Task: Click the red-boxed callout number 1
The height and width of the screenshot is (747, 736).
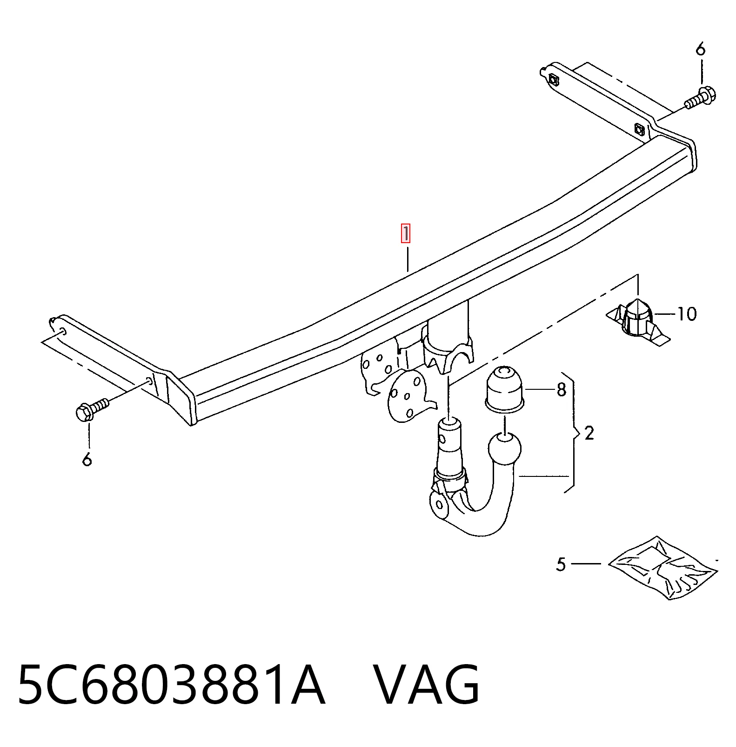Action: click(406, 234)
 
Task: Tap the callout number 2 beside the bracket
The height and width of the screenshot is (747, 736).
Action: click(589, 434)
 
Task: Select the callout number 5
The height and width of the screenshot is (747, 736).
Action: click(561, 564)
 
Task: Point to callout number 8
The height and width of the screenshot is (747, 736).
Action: click(562, 389)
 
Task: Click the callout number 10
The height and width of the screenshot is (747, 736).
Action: click(687, 314)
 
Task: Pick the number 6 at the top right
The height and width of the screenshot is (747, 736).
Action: click(701, 49)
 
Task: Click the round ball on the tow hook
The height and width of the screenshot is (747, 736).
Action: click(505, 449)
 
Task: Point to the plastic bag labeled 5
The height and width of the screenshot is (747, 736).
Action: click(663, 568)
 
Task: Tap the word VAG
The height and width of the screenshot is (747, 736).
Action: click(427, 686)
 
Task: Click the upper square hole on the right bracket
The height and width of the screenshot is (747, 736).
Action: click(553, 80)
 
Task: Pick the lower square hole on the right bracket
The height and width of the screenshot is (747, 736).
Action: click(639, 129)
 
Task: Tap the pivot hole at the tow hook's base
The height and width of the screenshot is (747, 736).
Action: click(439, 505)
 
